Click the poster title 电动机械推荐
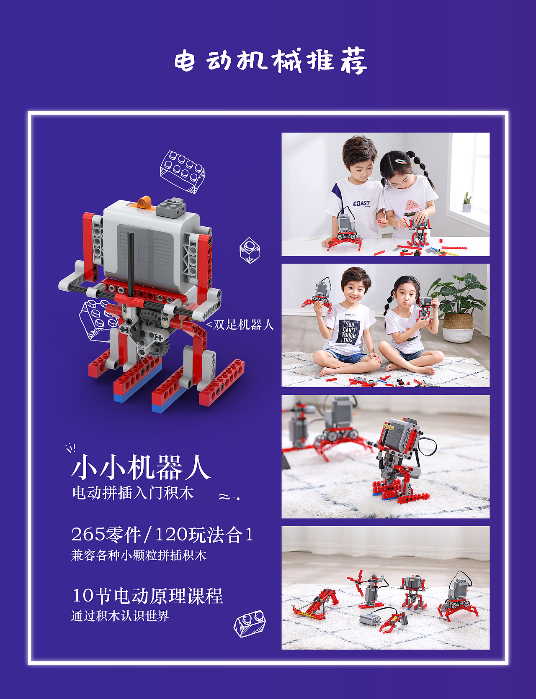click(x=271, y=61)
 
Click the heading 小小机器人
click(x=141, y=468)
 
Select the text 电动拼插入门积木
click(x=133, y=493)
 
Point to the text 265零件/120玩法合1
click(x=162, y=535)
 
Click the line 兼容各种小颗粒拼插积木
click(x=139, y=556)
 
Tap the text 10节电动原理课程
click(x=147, y=596)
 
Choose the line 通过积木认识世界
click(x=120, y=616)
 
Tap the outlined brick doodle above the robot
click(x=182, y=172)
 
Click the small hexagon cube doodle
click(x=250, y=251)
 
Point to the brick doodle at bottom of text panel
click(x=250, y=623)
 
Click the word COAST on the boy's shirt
click(x=361, y=204)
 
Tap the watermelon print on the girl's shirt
click(x=412, y=206)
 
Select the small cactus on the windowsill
click(x=466, y=202)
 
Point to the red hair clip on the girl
click(x=401, y=161)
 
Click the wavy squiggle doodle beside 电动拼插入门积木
click(x=229, y=497)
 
